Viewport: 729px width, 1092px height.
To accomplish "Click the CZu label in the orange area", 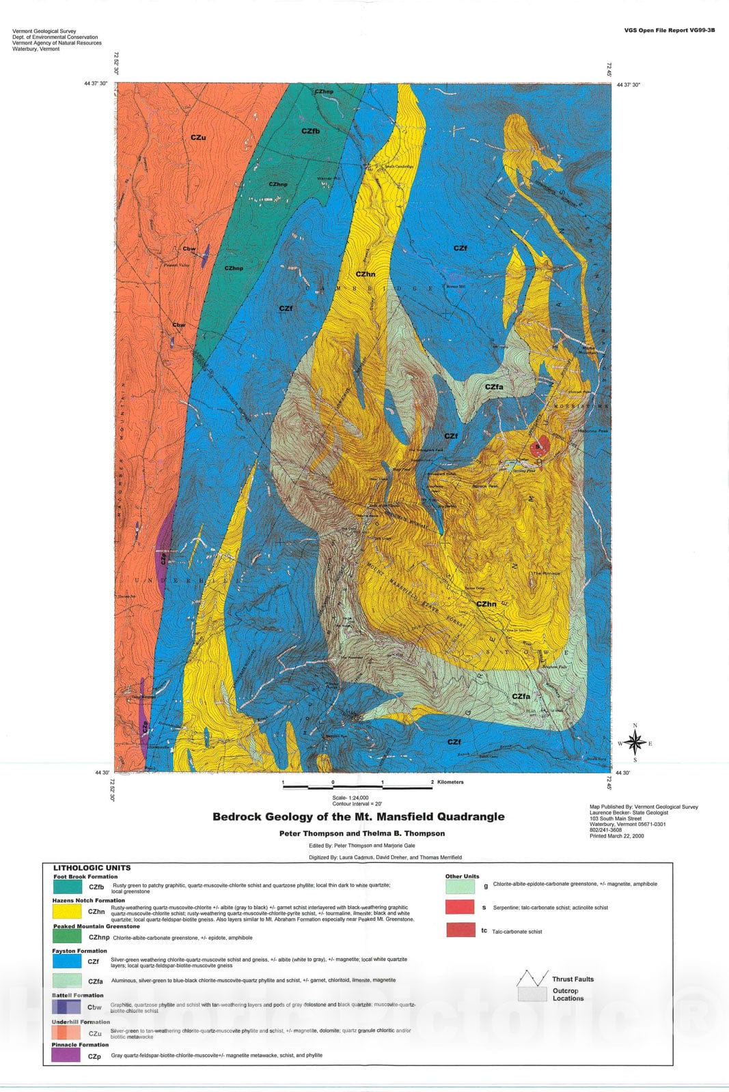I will point(198,138).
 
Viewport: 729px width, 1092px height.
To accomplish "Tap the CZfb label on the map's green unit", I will point(310,131).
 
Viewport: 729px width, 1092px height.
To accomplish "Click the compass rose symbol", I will point(635,743).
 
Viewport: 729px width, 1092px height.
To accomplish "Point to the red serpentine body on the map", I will point(538,447).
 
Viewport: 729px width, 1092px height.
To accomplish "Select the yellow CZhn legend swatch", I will point(67,911).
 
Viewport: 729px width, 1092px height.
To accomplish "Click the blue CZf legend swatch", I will point(67,961).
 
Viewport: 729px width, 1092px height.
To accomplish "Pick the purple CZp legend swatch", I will point(66,1055).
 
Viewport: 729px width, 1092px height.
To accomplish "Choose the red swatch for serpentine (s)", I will point(460,906).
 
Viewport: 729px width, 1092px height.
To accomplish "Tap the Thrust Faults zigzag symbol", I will point(533,979).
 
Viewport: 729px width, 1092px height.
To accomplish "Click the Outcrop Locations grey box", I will point(532,994).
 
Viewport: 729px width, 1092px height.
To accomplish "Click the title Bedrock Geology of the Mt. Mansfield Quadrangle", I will point(358,816).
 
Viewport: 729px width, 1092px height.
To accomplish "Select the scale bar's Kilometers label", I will point(450,782).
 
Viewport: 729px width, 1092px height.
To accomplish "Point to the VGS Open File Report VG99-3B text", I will point(669,31).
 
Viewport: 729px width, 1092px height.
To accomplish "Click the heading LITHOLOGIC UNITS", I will point(92,868).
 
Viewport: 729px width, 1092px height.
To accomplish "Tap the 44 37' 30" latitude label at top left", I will point(96,84).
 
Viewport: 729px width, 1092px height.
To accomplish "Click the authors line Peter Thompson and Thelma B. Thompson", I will point(361,833).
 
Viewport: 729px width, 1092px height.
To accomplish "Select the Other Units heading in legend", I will point(462,876).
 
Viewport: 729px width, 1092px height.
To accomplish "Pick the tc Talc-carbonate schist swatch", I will point(460,930).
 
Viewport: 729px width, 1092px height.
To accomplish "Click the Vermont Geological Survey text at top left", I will point(44,31).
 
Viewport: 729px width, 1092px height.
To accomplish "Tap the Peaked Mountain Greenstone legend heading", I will point(96,926).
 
